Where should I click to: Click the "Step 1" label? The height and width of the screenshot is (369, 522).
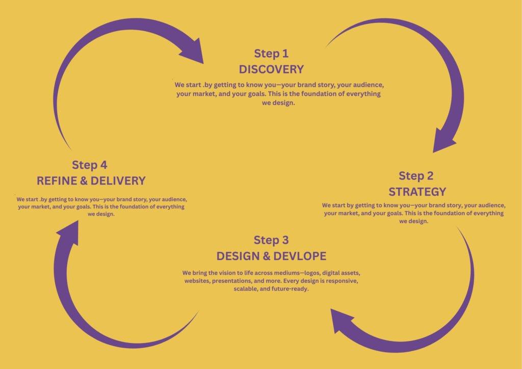pyautogui.click(x=271, y=54)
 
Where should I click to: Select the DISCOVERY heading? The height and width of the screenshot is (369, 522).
pyautogui.click(x=271, y=69)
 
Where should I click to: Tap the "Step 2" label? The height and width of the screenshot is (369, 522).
pyautogui.click(x=416, y=176)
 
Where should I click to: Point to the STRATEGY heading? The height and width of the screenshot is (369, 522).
pyautogui.click(x=417, y=192)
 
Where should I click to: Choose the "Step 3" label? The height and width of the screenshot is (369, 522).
pyautogui.click(x=271, y=240)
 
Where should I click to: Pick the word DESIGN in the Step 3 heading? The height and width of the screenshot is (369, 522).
pyautogui.click(x=236, y=256)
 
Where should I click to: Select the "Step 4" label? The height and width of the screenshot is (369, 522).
pyautogui.click(x=89, y=165)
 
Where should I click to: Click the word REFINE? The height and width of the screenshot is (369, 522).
pyautogui.click(x=56, y=181)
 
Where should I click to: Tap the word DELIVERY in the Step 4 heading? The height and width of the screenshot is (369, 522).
pyautogui.click(x=120, y=181)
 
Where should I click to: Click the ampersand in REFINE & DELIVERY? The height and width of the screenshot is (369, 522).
pyautogui.click(x=85, y=181)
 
